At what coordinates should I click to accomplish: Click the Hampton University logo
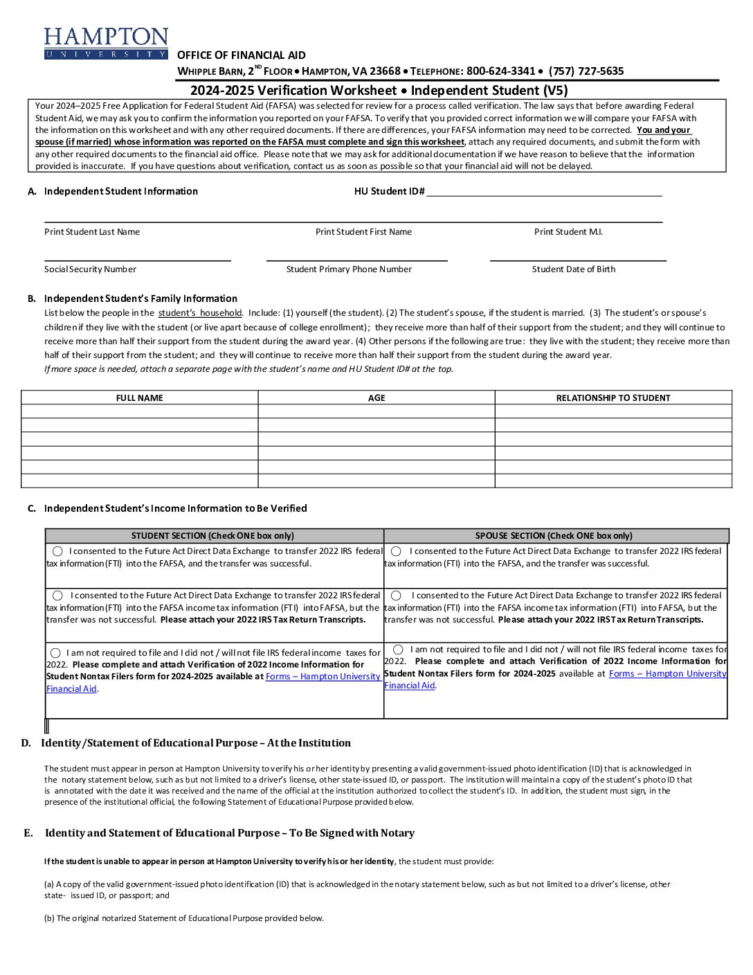point(106,43)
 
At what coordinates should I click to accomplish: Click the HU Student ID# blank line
point(544,192)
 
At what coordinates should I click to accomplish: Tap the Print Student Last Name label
point(92,232)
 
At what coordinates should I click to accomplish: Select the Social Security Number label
point(90,269)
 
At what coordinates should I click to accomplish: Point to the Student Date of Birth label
point(573,269)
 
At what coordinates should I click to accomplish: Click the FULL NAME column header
point(139,398)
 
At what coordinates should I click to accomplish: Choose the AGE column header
point(376,398)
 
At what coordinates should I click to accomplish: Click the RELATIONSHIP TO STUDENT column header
point(613,398)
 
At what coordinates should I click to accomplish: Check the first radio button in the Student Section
point(57,551)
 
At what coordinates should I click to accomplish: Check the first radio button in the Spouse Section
point(396,551)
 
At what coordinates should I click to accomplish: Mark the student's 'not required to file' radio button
point(55,653)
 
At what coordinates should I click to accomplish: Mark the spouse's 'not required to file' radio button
point(398,650)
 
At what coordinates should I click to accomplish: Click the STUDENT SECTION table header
point(212,536)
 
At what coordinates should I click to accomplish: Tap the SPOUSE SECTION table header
point(554,536)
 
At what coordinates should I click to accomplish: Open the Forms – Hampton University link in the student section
point(323,677)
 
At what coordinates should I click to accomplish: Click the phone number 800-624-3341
point(500,71)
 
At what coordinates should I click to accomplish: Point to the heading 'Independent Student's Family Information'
point(140,298)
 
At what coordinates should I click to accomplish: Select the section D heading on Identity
point(195,743)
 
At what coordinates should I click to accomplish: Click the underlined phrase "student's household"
point(200,313)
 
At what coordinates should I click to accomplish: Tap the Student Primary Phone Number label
point(349,269)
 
